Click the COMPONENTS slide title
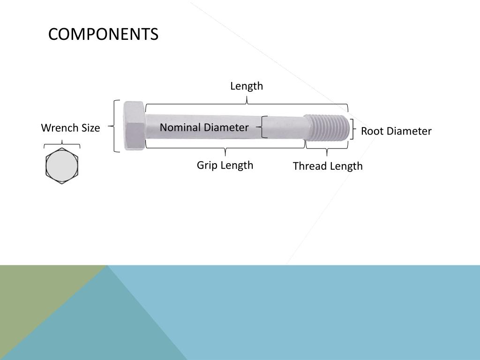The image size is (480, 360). (x=103, y=34)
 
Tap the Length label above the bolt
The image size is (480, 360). (x=247, y=86)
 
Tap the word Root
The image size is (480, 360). (x=371, y=131)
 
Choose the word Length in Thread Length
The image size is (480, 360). (x=346, y=166)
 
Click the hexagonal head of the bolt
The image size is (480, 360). (x=134, y=126)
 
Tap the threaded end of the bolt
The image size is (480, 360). (x=327, y=128)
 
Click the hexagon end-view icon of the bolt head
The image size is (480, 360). (x=62, y=165)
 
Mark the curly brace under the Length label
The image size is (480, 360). (x=247, y=104)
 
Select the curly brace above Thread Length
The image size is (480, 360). (x=327, y=149)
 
